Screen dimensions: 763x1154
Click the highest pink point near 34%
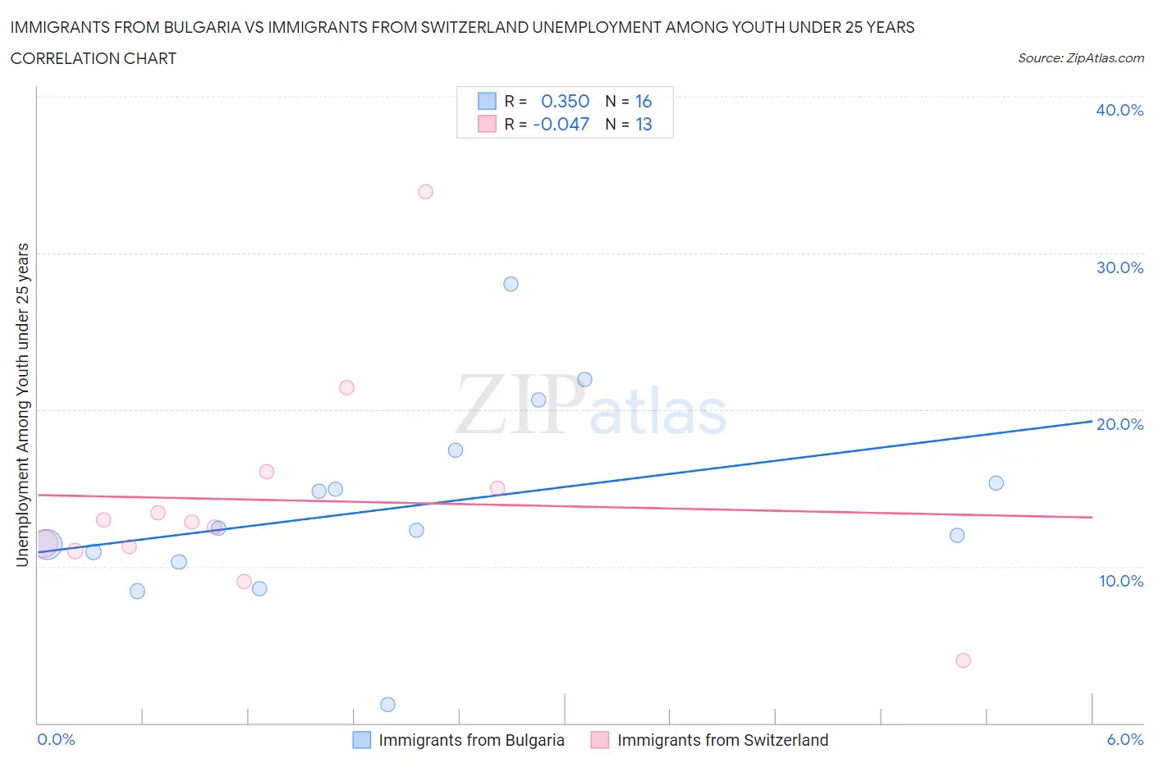(x=425, y=192)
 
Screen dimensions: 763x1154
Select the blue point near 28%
(x=511, y=285)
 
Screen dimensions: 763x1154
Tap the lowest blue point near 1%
(x=388, y=705)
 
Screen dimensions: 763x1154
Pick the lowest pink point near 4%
(x=964, y=660)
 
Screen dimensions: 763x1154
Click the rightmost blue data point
(x=996, y=483)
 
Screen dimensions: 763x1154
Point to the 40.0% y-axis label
(x=1120, y=111)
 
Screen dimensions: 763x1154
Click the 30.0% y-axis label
(x=1120, y=268)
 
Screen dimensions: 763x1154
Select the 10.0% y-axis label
(x=1120, y=582)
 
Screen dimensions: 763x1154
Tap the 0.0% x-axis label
(x=57, y=740)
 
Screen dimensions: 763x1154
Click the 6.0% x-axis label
(x=1124, y=740)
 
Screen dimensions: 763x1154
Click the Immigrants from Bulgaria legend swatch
(x=362, y=740)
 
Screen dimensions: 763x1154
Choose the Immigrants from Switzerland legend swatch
(x=600, y=740)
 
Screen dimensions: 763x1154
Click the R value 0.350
(x=565, y=102)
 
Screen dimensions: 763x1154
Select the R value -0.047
(x=561, y=125)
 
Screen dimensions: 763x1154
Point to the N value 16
(x=643, y=102)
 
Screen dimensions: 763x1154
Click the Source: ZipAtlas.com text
(x=1080, y=58)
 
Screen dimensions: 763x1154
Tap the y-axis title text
(x=22, y=404)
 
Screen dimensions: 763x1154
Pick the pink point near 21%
(x=346, y=388)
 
